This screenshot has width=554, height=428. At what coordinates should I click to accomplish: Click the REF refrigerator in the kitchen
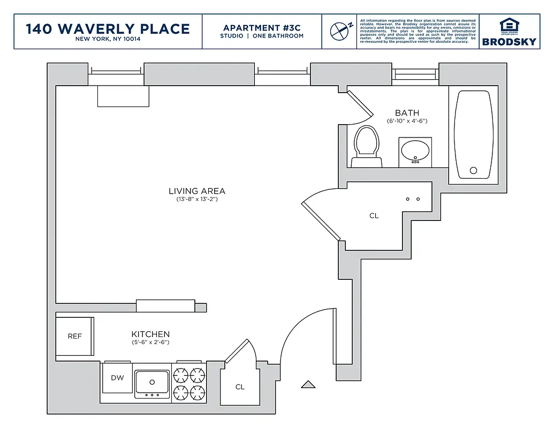74,337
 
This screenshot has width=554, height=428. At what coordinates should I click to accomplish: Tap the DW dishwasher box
117,378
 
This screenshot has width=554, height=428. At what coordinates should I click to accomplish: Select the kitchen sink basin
152,382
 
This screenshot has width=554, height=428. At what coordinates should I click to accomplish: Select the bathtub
473,135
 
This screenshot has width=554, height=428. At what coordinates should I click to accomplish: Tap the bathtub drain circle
473,171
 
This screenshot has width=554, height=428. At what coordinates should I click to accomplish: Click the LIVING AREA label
197,191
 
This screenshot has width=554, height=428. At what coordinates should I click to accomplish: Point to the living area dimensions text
197,200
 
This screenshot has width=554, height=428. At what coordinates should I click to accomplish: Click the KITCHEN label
150,334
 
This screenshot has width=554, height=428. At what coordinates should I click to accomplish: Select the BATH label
407,113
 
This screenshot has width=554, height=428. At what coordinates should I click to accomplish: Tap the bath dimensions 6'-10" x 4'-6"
407,121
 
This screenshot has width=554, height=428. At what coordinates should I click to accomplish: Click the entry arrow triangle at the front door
308,384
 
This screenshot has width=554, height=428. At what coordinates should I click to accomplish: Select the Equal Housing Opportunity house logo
509,26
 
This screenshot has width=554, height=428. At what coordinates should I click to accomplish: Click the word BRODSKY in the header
509,42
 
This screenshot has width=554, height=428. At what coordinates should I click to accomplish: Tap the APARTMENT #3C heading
262,28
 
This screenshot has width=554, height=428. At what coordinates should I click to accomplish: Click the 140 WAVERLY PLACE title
108,28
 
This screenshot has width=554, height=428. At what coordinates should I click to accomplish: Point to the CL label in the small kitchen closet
240,387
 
